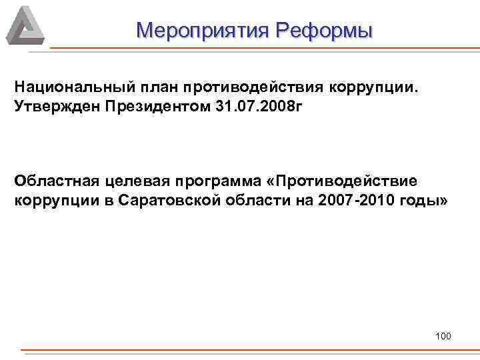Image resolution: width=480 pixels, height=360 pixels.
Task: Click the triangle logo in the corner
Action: [25, 25]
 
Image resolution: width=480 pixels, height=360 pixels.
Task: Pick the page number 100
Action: [443, 335]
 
